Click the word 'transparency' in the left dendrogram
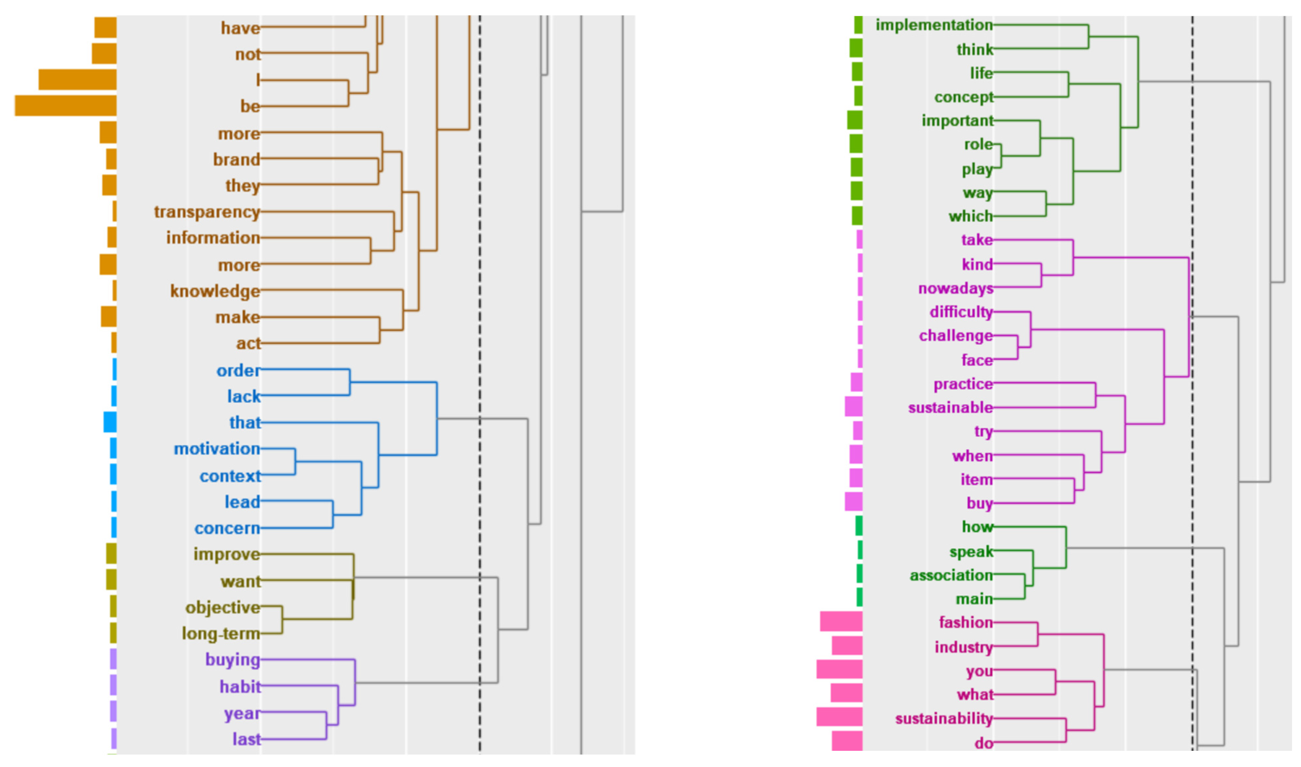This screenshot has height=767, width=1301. click(x=207, y=212)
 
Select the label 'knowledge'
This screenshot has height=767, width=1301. click(x=215, y=291)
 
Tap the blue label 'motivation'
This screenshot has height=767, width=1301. click(x=217, y=449)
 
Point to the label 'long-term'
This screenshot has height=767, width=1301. click(x=221, y=633)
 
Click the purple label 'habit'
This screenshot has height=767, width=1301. click(x=240, y=686)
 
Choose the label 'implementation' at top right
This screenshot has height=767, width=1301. click(x=934, y=25)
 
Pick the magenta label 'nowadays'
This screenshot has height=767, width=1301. click(x=955, y=288)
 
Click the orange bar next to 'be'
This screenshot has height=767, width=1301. click(x=66, y=105)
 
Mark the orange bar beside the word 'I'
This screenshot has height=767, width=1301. click(x=78, y=80)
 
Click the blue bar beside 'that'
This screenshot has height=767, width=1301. click(x=110, y=422)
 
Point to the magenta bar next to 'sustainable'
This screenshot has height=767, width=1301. click(x=853, y=407)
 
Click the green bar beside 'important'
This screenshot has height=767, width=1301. click(x=854, y=121)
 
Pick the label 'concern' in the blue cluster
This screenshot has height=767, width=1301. click(x=227, y=528)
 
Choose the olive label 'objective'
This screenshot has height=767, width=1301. click(x=222, y=607)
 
